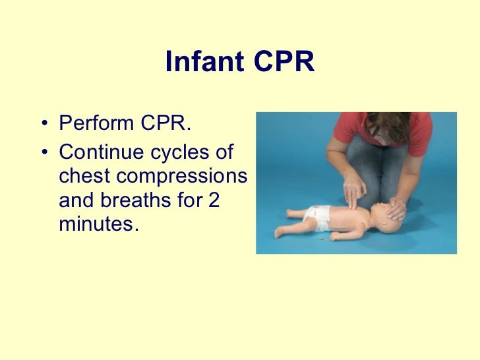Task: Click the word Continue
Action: pyautogui.click(x=100, y=154)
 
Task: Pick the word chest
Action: pyautogui.click(x=83, y=178)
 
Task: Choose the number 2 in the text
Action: pyautogui.click(x=212, y=201)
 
